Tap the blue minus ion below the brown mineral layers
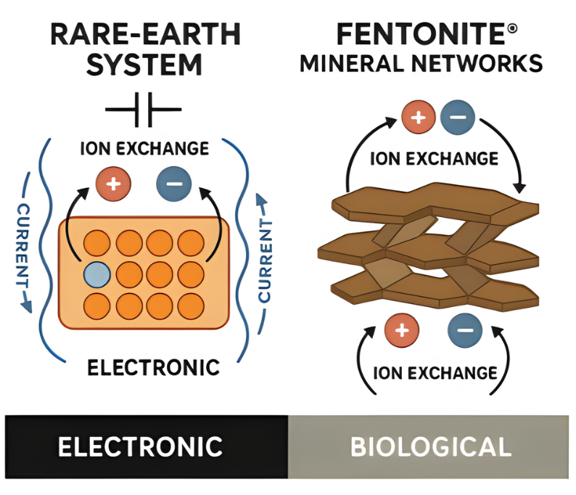[x=465, y=331]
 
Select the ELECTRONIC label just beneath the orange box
[x=153, y=367]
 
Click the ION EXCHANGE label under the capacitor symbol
[x=144, y=150]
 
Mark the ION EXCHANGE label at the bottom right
[x=434, y=373]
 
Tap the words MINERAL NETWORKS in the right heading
[x=421, y=64]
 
